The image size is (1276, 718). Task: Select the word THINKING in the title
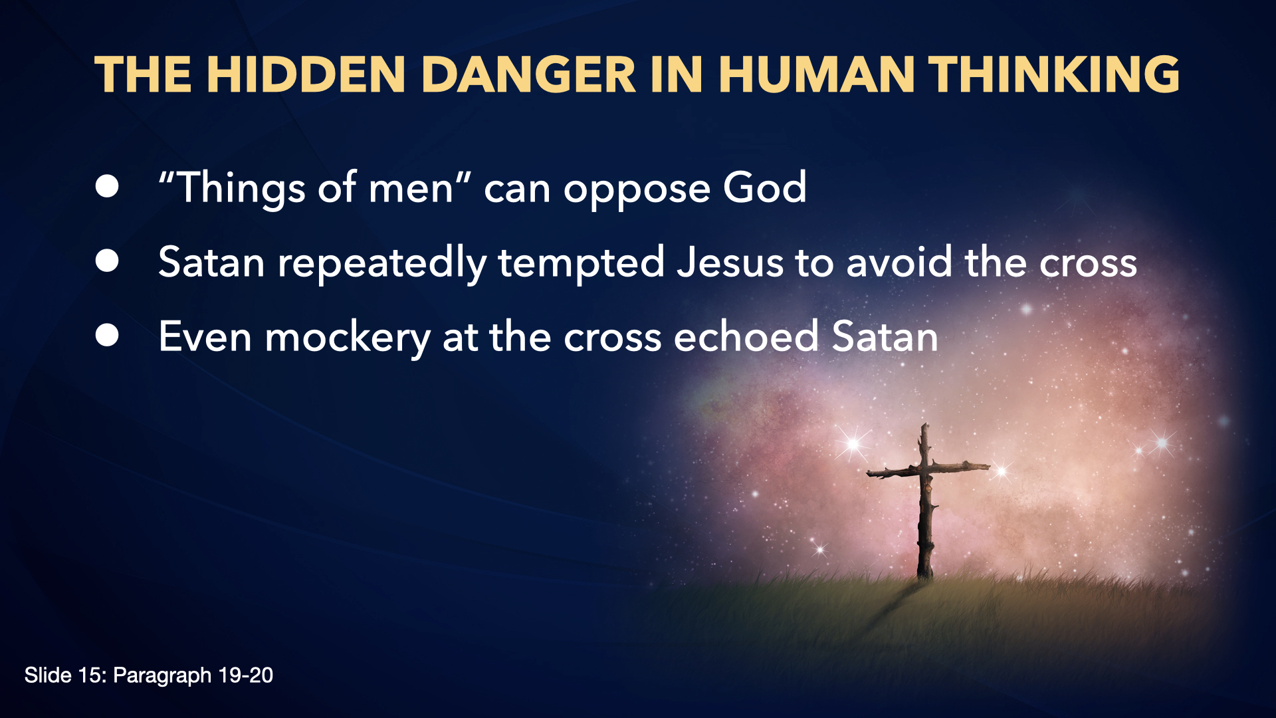[1054, 74]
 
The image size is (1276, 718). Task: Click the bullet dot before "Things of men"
[107, 187]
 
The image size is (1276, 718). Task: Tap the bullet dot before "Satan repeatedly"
[107, 261]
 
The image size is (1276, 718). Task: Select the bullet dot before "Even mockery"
[107, 336]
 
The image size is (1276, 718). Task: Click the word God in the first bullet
[765, 187]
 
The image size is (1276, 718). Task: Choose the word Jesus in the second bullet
[730, 262]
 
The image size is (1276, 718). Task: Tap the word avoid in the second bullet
[899, 262]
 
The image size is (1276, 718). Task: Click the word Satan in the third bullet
[885, 336]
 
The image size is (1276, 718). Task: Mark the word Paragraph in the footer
[162, 676]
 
